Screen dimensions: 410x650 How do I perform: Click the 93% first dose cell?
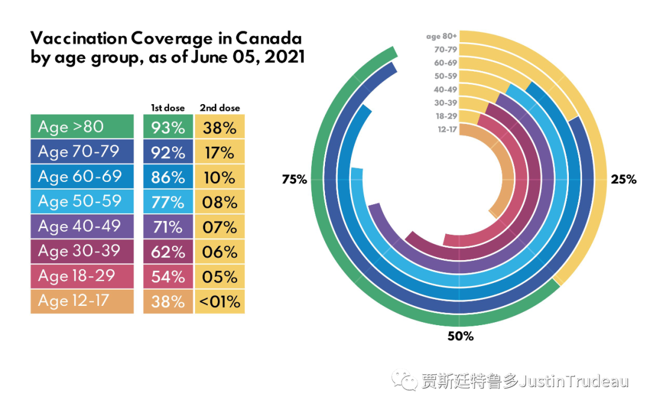tap(168, 128)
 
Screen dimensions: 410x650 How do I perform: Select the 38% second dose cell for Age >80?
tap(219, 128)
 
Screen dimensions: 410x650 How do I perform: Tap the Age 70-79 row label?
tap(82, 152)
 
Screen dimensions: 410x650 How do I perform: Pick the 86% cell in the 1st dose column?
tap(168, 177)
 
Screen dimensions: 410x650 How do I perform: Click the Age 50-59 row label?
tap(82, 202)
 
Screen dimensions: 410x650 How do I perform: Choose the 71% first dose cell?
tap(168, 227)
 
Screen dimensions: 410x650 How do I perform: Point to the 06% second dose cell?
tap(219, 252)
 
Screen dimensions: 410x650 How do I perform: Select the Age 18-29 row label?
tap(82, 276)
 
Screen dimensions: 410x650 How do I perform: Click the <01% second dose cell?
tap(219, 301)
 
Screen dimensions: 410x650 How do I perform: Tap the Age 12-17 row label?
tap(82, 301)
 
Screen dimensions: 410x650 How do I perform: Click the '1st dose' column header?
tap(168, 108)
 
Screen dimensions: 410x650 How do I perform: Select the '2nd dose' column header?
tap(220, 108)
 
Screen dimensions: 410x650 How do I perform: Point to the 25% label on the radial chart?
tap(623, 179)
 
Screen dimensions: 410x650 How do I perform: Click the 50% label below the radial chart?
tap(460, 337)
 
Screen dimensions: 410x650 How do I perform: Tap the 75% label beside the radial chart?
tap(294, 179)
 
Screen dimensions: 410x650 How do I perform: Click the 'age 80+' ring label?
tap(442, 36)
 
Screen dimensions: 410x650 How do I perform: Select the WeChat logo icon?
tap(404, 379)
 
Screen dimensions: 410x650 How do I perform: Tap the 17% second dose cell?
tap(219, 152)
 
